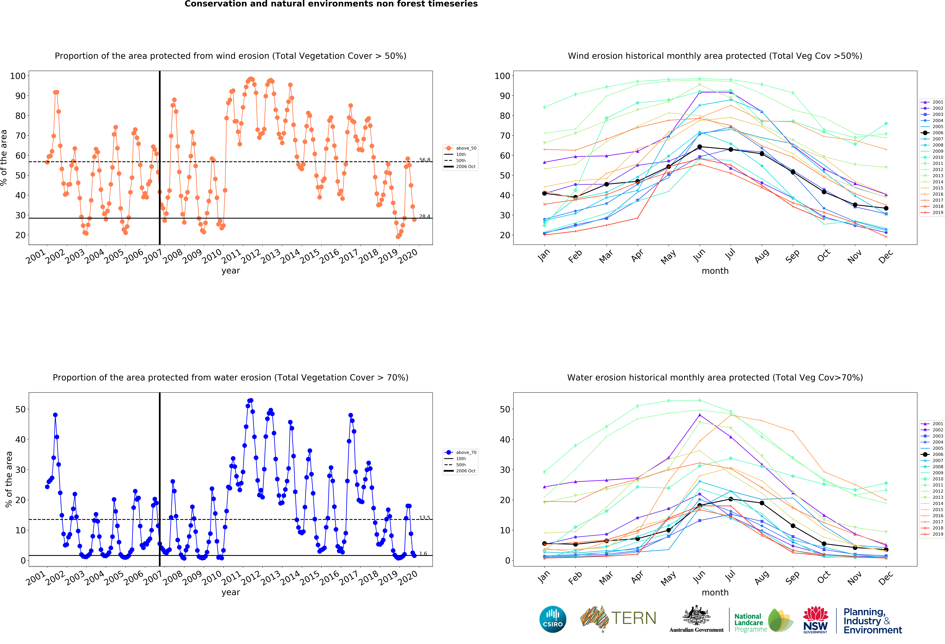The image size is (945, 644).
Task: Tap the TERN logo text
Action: coord(634,618)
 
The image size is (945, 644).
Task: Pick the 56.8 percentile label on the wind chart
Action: coord(425,160)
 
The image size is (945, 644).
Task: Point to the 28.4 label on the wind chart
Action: coord(425,216)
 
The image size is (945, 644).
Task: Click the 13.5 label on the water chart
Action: coord(425,518)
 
